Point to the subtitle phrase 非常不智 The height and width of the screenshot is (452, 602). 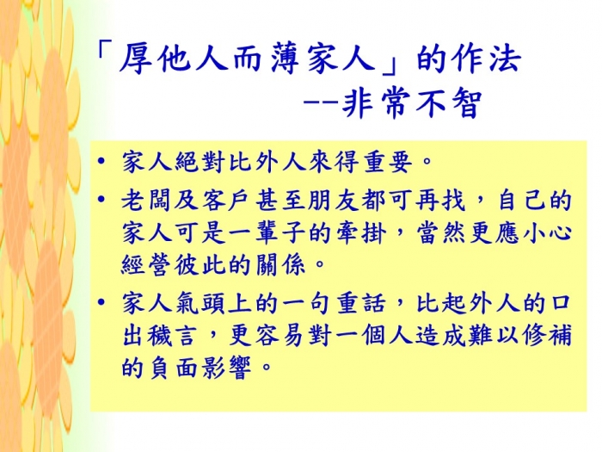pos(411,104)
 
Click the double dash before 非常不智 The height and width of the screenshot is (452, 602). pos(321,104)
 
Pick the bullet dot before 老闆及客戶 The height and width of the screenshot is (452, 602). pos(101,200)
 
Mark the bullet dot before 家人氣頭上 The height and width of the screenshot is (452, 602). pos(101,301)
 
